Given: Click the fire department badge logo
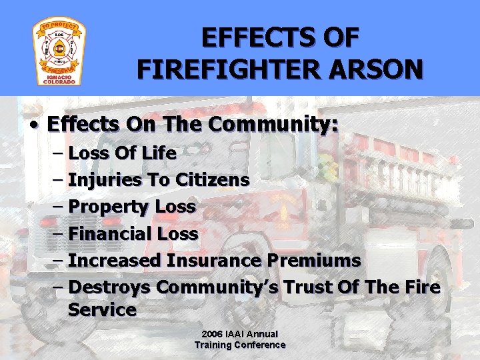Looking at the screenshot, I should click(x=59, y=53).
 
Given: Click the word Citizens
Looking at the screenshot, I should click(x=213, y=180).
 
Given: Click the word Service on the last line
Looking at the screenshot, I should click(x=101, y=310).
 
